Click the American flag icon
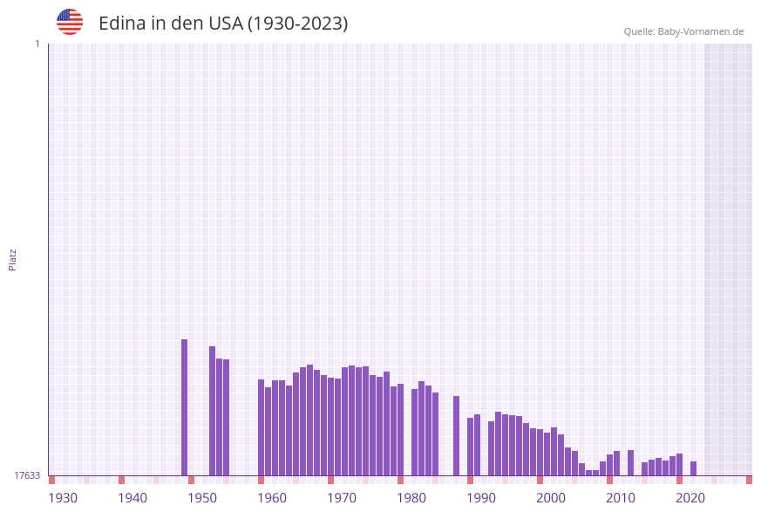point(70,22)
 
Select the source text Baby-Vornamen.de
point(700,31)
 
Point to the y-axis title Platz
point(13,259)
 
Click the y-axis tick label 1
point(37,44)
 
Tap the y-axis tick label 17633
point(27,475)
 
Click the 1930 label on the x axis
point(63,498)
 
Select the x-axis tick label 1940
point(132,498)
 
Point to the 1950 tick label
point(202,498)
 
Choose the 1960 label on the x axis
point(272,498)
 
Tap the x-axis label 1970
point(342,498)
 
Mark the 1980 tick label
point(411,498)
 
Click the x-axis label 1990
point(481,498)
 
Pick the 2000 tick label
point(551,498)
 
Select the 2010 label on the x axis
point(621,498)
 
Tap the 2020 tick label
point(690,498)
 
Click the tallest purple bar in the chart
point(185,407)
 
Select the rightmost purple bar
point(694,468)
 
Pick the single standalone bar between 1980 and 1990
point(456,435)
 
